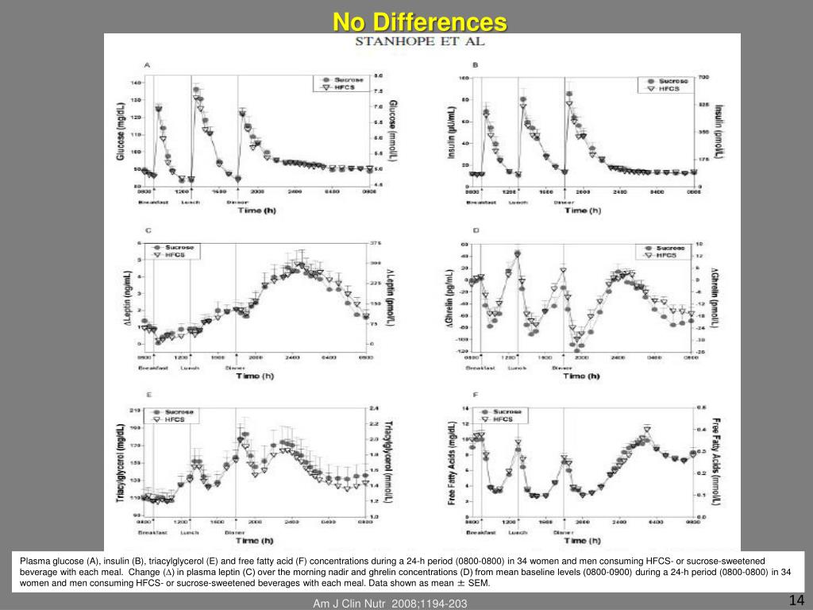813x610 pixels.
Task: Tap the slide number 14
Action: [796, 600]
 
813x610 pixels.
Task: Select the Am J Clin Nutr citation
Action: [390, 604]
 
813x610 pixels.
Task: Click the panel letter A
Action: [147, 65]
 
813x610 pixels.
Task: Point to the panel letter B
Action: [475, 65]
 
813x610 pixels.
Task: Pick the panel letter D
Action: [476, 232]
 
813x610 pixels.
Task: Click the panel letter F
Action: [475, 396]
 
